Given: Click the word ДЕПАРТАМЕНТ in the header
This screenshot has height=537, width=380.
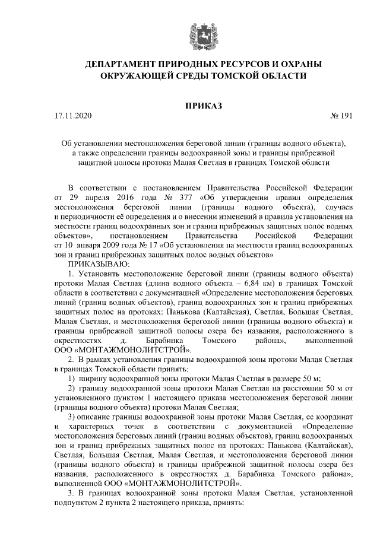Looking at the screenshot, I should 121,64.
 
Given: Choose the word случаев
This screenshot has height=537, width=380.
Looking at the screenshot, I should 339,206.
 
